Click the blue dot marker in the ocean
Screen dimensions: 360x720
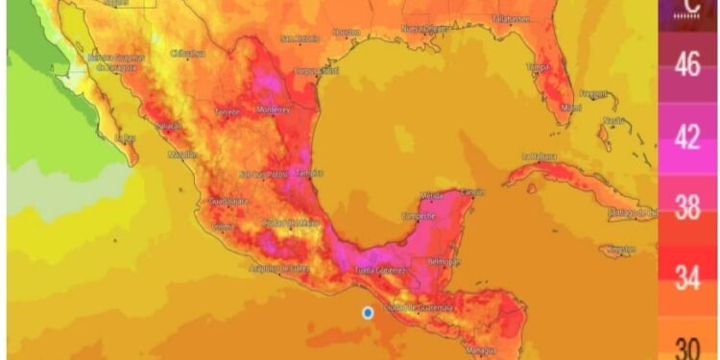[x=367, y=312]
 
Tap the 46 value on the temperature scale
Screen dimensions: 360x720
[x=686, y=66]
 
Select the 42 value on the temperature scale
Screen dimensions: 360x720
[x=686, y=137]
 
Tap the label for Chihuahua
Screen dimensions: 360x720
[x=189, y=54]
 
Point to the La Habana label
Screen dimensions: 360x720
[x=540, y=156]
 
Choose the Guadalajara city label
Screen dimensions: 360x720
[x=228, y=201]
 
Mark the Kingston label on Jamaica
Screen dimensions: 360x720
[x=615, y=249]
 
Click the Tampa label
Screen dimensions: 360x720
[x=538, y=67]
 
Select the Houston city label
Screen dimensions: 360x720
[x=346, y=32]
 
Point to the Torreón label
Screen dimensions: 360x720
[x=228, y=111]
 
